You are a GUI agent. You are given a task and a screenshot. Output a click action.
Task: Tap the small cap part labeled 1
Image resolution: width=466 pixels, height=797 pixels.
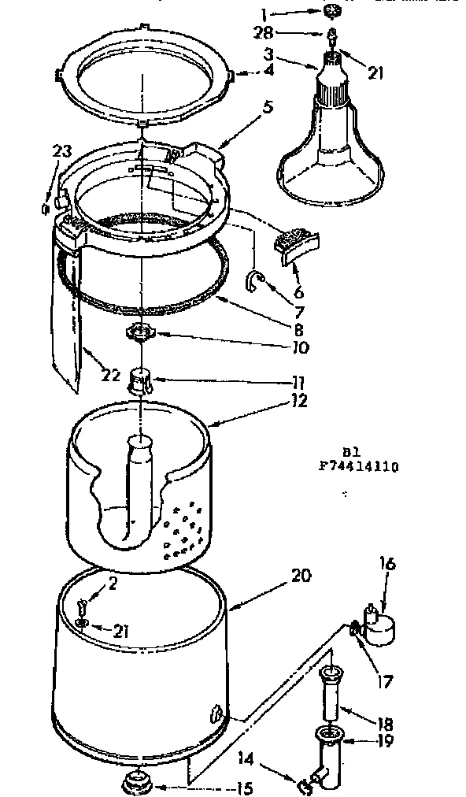(331, 11)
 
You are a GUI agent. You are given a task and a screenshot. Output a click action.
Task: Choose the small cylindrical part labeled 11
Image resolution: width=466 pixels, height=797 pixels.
(140, 384)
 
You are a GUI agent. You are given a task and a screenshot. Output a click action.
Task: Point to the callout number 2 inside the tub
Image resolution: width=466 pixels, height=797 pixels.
(113, 584)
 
